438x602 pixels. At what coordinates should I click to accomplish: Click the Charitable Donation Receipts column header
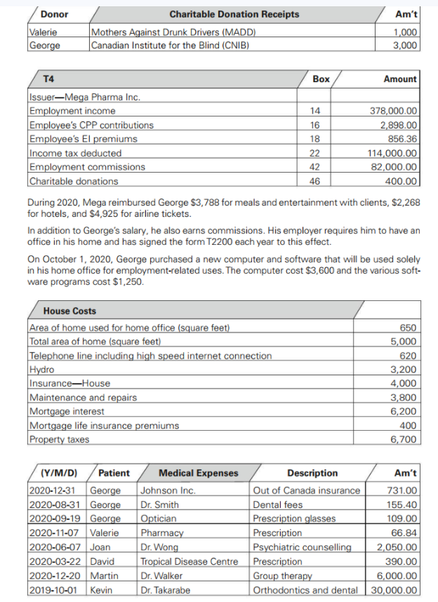[234, 14]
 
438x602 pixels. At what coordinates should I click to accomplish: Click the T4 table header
[50, 79]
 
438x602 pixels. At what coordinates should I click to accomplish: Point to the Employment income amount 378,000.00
[393, 111]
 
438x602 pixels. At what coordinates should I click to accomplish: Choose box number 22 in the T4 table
[314, 153]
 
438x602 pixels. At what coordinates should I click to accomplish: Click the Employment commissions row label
[87, 167]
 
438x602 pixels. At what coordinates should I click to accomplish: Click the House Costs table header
[69, 311]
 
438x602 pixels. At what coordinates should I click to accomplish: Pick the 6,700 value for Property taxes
[405, 440]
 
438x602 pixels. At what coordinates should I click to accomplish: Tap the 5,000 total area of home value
[405, 342]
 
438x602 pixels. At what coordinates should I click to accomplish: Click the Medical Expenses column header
[198, 473]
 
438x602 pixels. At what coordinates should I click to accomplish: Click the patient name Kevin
[102, 590]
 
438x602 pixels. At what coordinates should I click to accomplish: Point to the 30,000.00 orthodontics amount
[394, 590]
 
